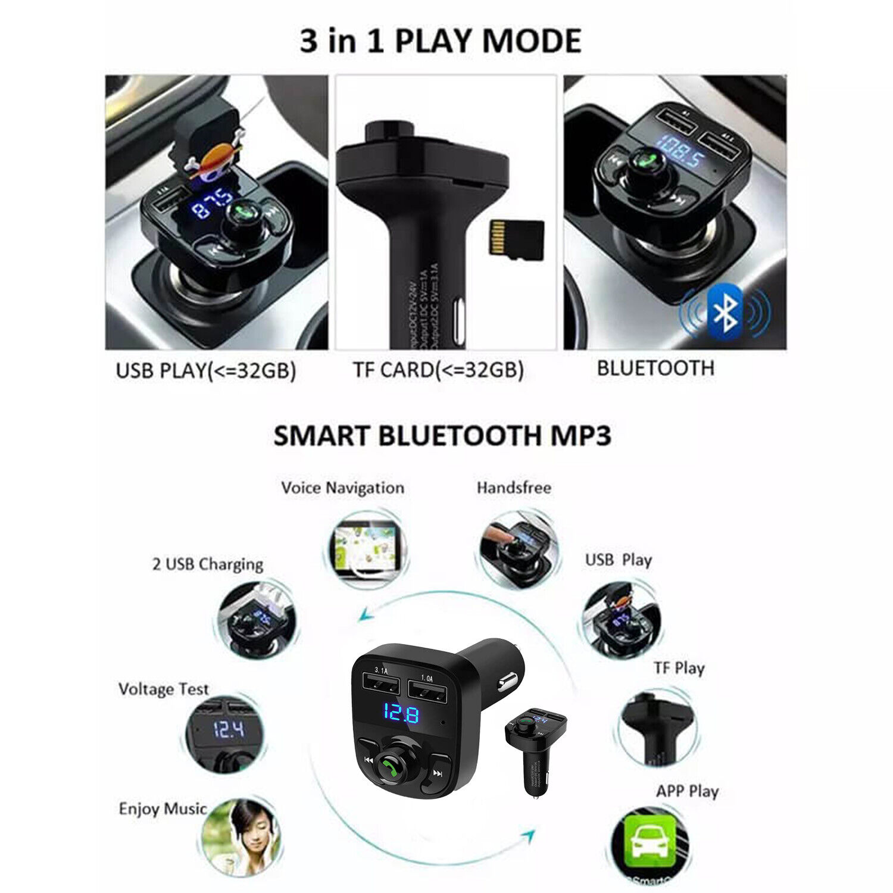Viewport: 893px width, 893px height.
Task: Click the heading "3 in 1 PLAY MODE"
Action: click(x=441, y=42)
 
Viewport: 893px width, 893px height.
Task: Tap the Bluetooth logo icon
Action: click(x=726, y=311)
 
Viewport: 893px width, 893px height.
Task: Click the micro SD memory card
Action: click(x=517, y=240)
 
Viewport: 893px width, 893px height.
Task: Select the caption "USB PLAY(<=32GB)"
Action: click(x=206, y=370)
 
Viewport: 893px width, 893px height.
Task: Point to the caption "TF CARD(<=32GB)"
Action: click(x=438, y=370)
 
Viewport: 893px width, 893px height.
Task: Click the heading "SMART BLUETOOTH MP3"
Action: click(x=442, y=436)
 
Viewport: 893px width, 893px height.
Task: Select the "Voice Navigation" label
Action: click(x=342, y=488)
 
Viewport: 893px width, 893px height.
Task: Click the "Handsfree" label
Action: click(x=514, y=488)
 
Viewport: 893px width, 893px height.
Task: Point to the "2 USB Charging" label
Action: click(x=208, y=564)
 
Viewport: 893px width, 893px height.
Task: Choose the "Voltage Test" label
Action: click(x=164, y=689)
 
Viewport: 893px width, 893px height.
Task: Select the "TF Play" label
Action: click(x=679, y=669)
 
